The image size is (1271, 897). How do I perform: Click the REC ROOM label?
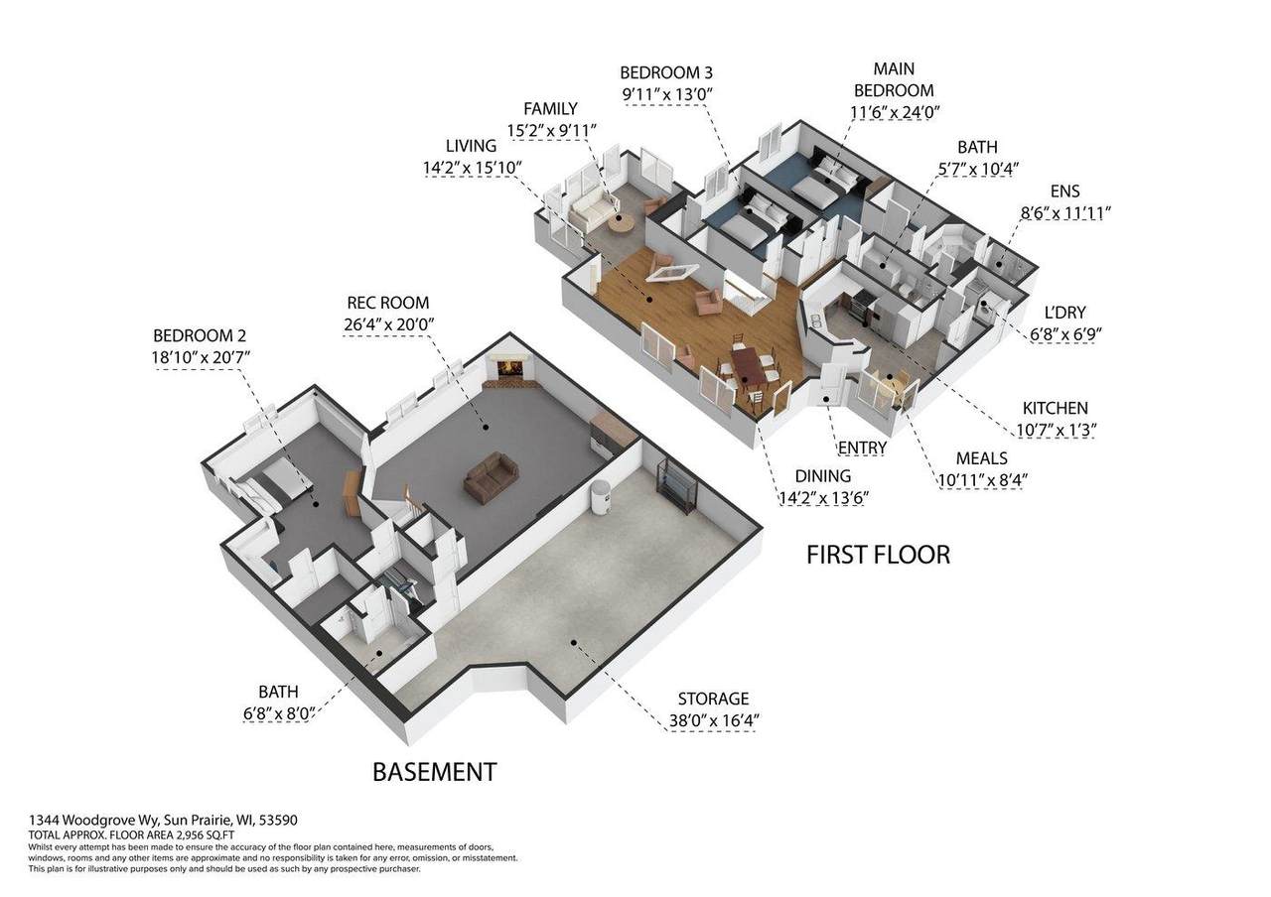388,303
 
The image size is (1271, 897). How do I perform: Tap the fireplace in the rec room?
508,368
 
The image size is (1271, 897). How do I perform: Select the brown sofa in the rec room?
491,477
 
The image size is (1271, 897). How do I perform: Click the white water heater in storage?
600,497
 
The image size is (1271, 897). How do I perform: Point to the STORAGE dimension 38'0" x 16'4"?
714,720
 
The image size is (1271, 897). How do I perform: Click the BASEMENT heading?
435,772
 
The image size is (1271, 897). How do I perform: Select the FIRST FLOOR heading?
879,555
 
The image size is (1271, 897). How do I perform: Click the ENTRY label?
863,448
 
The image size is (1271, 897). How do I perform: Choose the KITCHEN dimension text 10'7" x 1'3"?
1056,430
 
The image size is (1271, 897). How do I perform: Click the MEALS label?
982,458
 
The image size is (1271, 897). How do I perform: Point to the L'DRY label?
1065,313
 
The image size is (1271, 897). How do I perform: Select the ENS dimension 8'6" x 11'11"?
1065,213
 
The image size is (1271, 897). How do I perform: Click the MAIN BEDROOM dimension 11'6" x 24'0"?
895,112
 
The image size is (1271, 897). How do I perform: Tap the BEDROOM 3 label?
666,72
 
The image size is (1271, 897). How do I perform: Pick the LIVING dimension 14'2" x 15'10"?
472,168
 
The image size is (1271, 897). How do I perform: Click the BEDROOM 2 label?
200,335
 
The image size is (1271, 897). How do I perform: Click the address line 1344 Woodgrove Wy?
95,820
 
